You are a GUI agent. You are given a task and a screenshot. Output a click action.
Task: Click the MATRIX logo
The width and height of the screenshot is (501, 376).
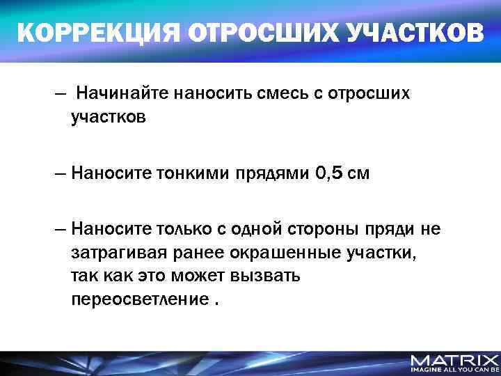click(x=454, y=360)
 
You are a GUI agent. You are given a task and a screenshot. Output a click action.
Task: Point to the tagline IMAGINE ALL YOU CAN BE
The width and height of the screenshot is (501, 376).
click(x=454, y=370)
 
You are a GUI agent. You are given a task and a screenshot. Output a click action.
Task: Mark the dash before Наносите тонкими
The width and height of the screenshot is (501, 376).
click(x=61, y=174)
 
